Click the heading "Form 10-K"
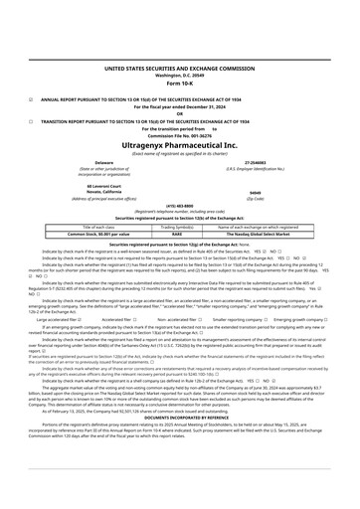[179, 82]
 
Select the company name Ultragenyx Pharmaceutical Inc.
[179, 145]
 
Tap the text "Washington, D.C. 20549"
[179, 73]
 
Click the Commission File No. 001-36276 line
[179, 134]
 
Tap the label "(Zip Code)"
[255, 198]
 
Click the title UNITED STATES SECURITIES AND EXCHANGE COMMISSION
[179, 66]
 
